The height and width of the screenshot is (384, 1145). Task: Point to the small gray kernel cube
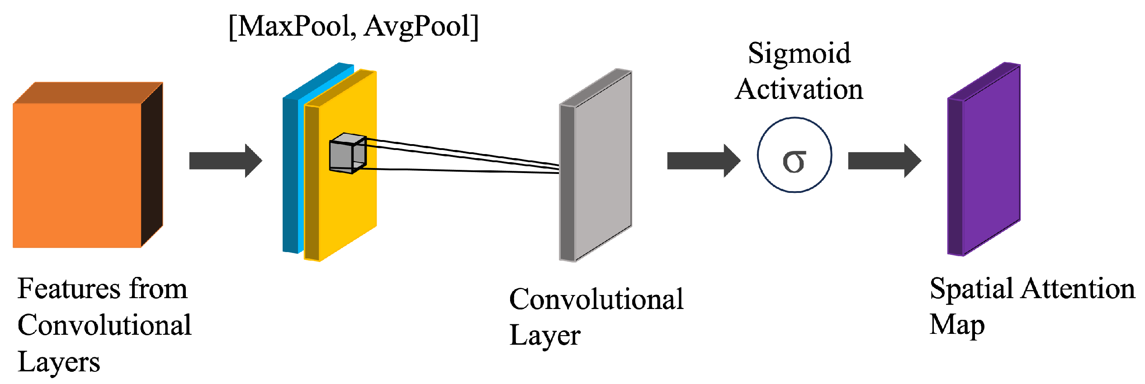point(346,154)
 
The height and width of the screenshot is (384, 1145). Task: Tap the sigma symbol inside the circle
point(794,161)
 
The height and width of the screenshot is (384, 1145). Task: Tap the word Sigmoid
point(799,54)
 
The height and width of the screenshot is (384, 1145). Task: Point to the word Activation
point(799,89)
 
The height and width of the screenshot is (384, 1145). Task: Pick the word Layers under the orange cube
point(59,362)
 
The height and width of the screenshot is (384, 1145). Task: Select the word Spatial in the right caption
point(970,289)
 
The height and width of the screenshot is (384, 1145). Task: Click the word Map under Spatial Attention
point(957,325)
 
